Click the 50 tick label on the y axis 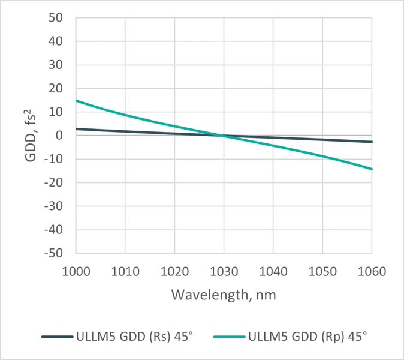56,18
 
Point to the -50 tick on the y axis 54,253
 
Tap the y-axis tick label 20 56,89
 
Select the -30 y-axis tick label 54,206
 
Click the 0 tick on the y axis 59,136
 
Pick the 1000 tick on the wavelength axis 76,271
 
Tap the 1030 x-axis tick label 224,271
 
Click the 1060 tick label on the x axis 372,271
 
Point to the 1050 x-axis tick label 322,271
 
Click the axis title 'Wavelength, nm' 224,295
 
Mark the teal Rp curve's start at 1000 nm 76,100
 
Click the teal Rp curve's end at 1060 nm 372,169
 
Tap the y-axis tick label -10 54,159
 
